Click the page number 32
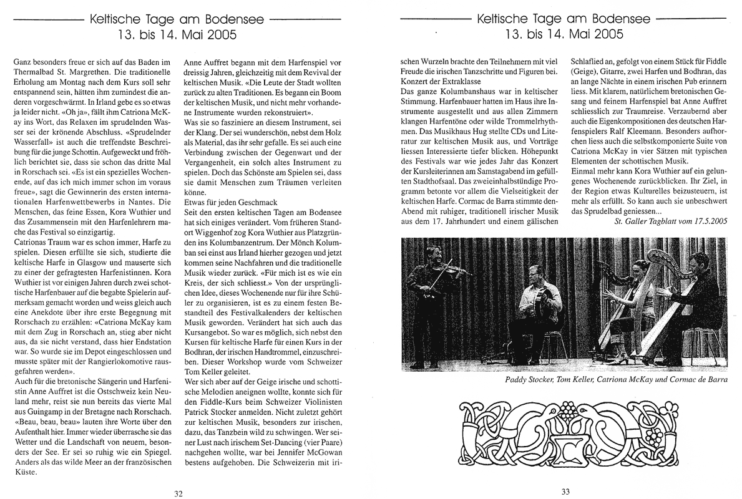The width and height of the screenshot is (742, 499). (178, 493)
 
